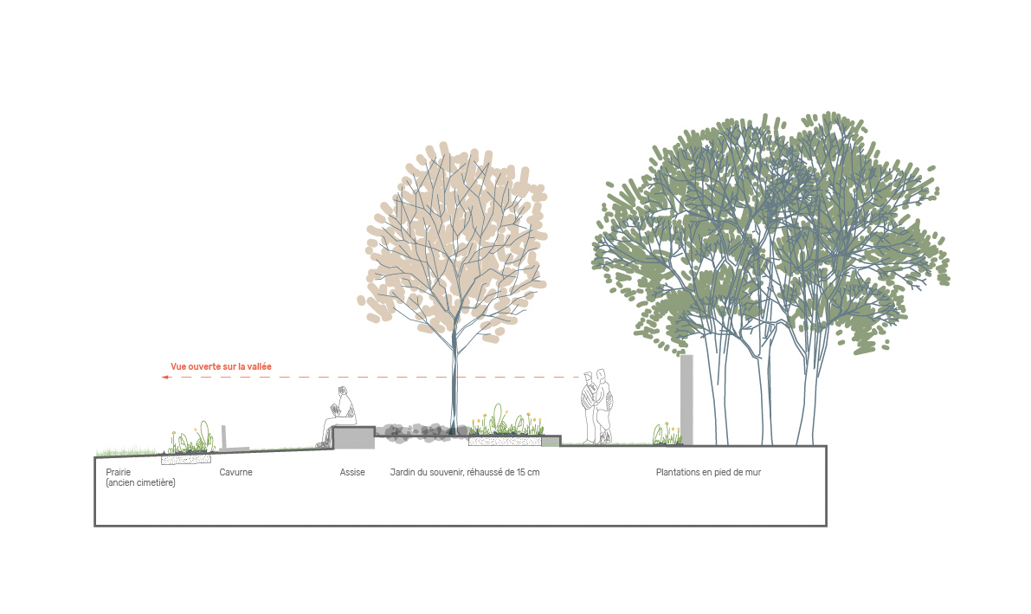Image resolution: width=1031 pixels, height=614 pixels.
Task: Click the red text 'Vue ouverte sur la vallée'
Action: click(221, 366)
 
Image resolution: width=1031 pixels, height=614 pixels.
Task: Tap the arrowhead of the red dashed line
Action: click(165, 377)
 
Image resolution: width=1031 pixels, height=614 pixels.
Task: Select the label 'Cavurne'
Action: click(236, 473)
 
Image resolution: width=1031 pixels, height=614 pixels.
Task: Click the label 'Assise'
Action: click(352, 473)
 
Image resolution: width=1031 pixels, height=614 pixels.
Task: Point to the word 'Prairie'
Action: click(119, 473)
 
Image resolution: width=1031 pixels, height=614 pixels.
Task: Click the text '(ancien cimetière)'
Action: click(141, 483)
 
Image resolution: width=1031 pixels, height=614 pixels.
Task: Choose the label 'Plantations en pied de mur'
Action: click(708, 473)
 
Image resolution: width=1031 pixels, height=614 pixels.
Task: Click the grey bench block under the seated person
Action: click(354, 437)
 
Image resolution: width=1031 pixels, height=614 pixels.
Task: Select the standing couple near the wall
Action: click(597, 407)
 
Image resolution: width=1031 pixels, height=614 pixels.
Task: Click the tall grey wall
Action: click(686, 400)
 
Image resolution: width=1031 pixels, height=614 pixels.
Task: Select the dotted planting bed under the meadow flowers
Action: click(186, 459)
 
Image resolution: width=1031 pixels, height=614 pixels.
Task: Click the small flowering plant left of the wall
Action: click(666, 434)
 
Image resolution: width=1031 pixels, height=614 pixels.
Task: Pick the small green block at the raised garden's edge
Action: click(551, 442)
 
